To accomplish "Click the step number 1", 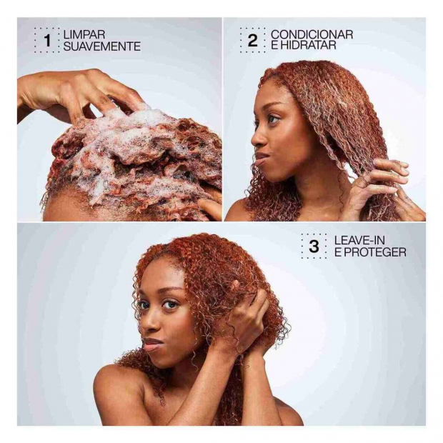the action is pos(47,41).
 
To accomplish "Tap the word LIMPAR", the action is pos(84,35).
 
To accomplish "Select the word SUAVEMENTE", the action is pos(102,46).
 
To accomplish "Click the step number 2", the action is pos(252,41).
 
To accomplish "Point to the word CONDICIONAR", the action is pos(312,35).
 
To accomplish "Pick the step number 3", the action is pos(314,247).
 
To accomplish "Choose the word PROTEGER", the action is pos(374,252).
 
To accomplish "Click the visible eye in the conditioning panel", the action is pos(273,119).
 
